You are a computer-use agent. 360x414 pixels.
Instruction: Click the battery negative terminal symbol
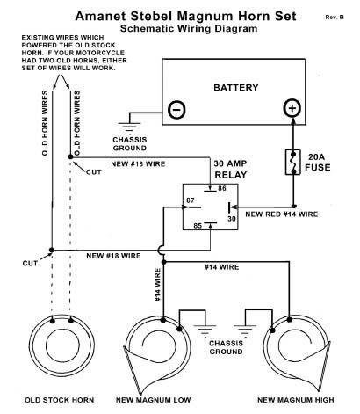pyautogui.click(x=176, y=110)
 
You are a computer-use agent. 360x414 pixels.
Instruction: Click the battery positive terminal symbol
pyautogui.click(x=292, y=108)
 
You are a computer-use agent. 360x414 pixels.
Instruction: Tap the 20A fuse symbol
pyautogui.click(x=293, y=163)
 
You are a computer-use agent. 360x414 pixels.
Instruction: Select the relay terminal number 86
pyautogui.click(x=222, y=188)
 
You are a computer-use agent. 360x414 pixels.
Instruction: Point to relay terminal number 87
pyautogui.click(x=191, y=200)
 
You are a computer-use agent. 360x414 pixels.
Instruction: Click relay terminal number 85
pyautogui.click(x=198, y=226)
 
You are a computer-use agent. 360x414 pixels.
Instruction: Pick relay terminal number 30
pyautogui.click(x=232, y=219)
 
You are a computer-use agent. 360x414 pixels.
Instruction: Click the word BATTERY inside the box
pyautogui.click(x=236, y=87)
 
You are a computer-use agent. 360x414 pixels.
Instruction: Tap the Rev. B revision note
pyautogui.click(x=335, y=18)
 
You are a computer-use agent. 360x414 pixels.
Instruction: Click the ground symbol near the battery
pyautogui.click(x=129, y=127)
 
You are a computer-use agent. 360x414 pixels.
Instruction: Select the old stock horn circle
pyautogui.click(x=61, y=345)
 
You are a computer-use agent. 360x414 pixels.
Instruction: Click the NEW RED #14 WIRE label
pyautogui.click(x=282, y=214)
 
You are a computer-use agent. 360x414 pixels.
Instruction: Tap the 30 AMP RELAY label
pyautogui.click(x=231, y=169)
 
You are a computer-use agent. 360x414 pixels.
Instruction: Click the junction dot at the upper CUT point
pyautogui.click(x=70, y=156)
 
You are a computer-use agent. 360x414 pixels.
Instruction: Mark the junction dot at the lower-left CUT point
pyautogui.click(x=52, y=250)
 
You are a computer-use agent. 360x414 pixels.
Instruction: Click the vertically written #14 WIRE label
pyautogui.click(x=157, y=285)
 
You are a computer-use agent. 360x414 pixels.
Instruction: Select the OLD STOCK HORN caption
pyautogui.click(x=60, y=400)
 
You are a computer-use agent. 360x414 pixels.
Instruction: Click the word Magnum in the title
pyautogui.click(x=205, y=17)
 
